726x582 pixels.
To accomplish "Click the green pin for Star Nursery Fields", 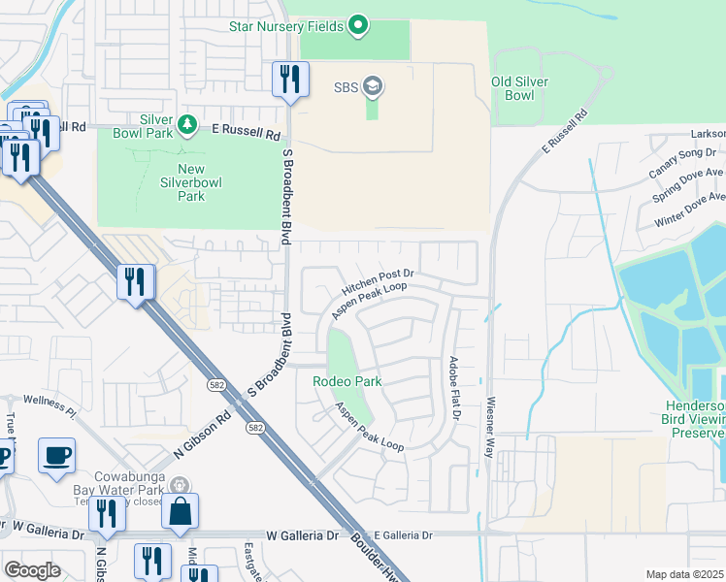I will point(358,24).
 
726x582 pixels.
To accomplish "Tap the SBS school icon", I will point(372,88).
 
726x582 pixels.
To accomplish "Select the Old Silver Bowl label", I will point(512,88).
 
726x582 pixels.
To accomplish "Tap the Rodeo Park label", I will point(346,381).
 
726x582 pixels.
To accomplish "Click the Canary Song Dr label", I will point(683,153).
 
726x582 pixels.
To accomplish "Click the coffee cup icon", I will point(56,454).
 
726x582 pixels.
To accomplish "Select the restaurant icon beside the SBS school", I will point(289,79).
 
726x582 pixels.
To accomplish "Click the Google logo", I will point(32,570).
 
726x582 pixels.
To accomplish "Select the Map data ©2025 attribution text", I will point(683,574).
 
